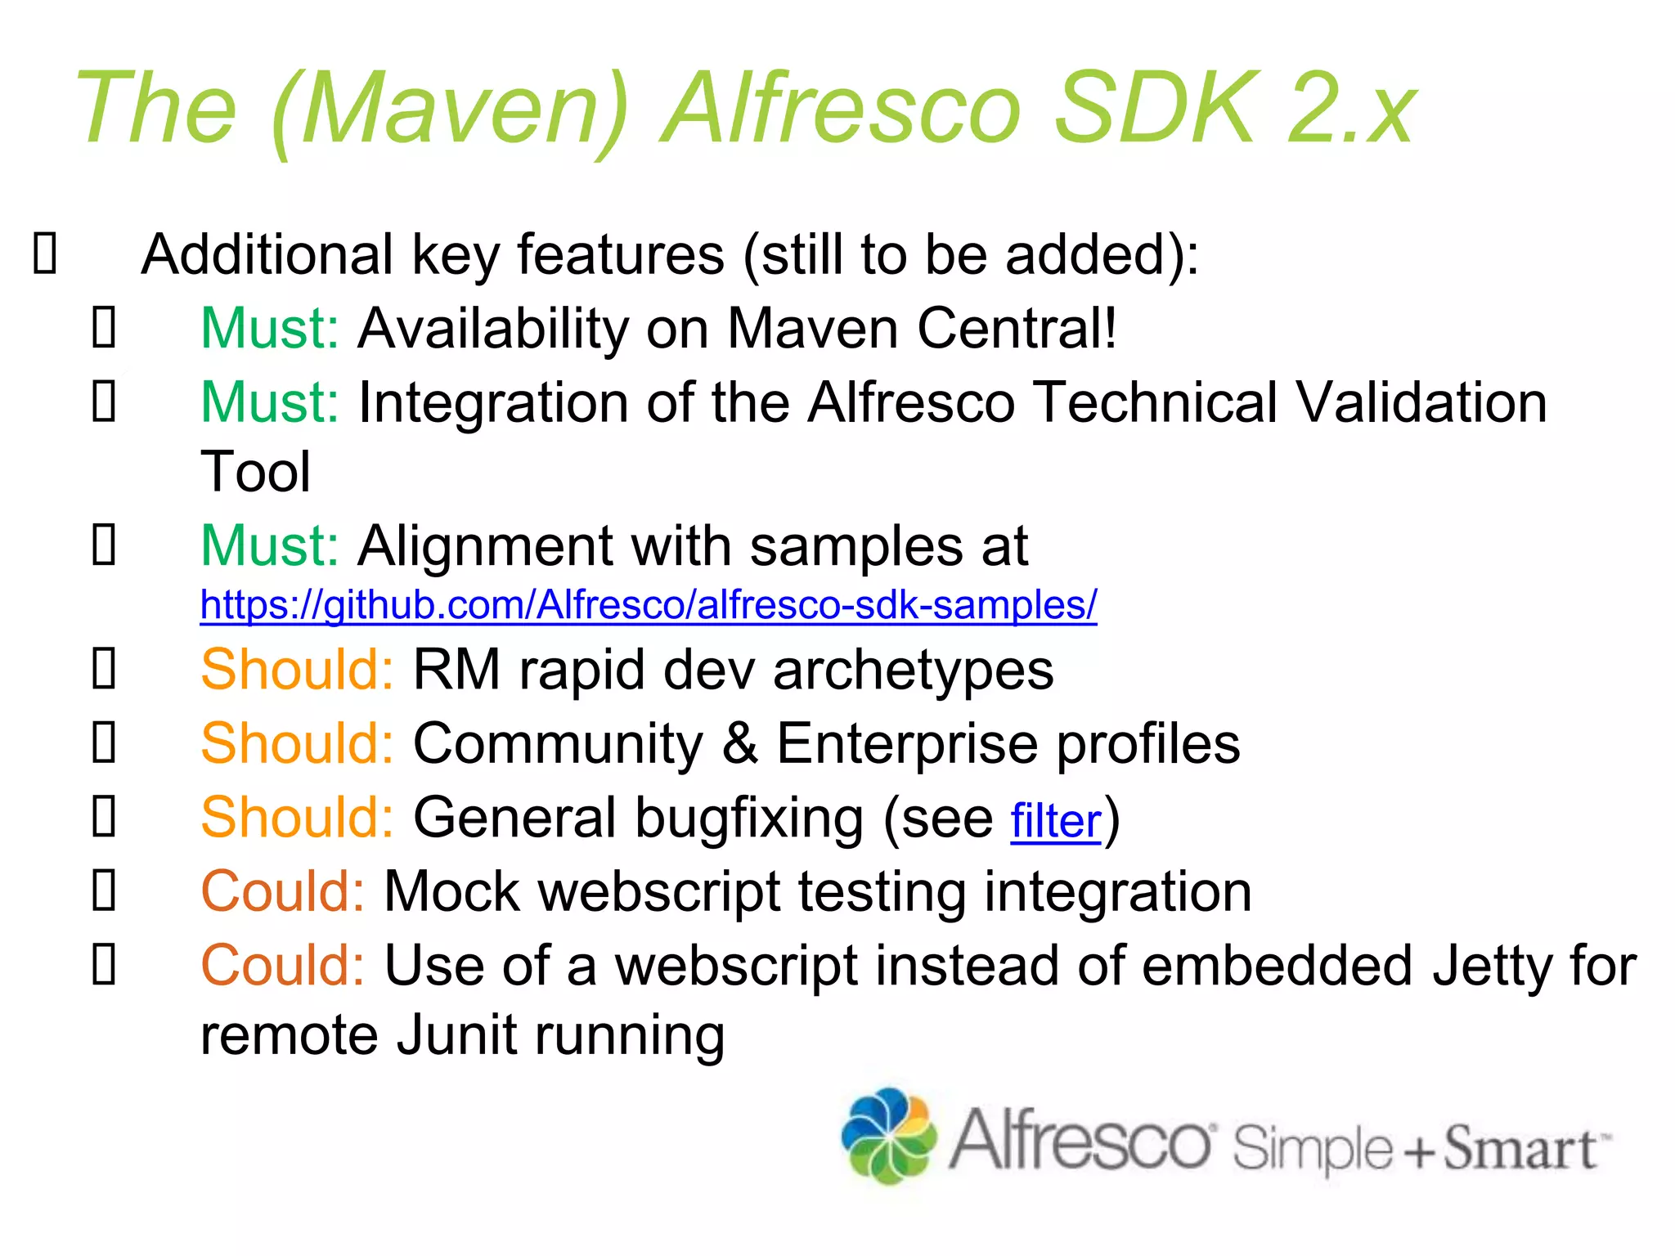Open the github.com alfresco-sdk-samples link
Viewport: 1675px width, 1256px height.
tap(648, 605)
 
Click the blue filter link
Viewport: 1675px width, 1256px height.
tap(1055, 821)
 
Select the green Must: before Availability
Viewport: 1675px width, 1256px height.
tap(269, 329)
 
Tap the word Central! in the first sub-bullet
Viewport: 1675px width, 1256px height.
tap(1016, 329)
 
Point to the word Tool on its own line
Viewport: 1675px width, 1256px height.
tap(255, 472)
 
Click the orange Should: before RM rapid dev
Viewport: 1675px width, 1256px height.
tap(297, 670)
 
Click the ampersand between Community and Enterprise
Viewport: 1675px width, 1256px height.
tap(739, 743)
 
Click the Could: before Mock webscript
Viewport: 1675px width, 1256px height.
tap(282, 891)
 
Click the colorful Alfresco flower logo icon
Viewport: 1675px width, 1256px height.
tap(889, 1137)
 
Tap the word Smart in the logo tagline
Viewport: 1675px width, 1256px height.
tap(1519, 1148)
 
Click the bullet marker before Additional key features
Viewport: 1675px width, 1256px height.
tap(45, 253)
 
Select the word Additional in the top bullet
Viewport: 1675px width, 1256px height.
tap(267, 254)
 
